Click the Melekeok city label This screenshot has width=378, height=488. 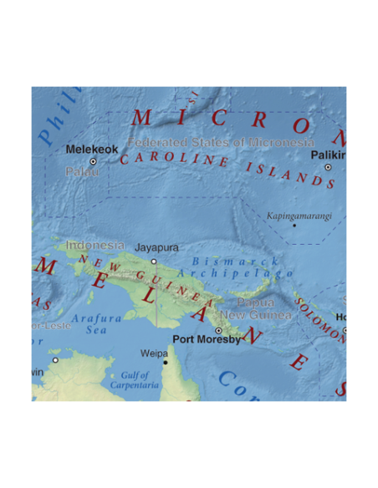pyautogui.click(x=92, y=150)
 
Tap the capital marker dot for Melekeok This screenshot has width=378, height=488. pyautogui.click(x=93, y=161)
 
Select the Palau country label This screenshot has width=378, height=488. pyautogui.click(x=83, y=171)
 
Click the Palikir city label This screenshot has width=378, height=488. pyautogui.click(x=328, y=155)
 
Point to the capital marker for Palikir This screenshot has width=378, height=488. pyautogui.click(x=328, y=167)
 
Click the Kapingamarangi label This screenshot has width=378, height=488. pyautogui.click(x=299, y=216)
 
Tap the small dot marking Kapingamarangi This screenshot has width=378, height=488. pyautogui.click(x=294, y=225)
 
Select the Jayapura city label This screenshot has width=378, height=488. pyautogui.click(x=156, y=248)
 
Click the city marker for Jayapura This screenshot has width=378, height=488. pyautogui.click(x=154, y=261)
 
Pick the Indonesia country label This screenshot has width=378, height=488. pyautogui.click(x=94, y=246)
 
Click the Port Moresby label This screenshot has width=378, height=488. pyautogui.click(x=206, y=339)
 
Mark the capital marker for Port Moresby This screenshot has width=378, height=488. pyautogui.click(x=218, y=331)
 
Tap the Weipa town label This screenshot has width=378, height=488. pyautogui.click(x=154, y=353)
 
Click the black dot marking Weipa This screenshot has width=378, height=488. pyautogui.click(x=166, y=362)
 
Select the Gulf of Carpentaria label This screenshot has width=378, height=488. pyautogui.click(x=135, y=381)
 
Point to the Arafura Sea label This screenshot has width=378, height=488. pyautogui.click(x=97, y=324)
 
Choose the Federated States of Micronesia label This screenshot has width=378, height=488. pyautogui.click(x=221, y=142)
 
